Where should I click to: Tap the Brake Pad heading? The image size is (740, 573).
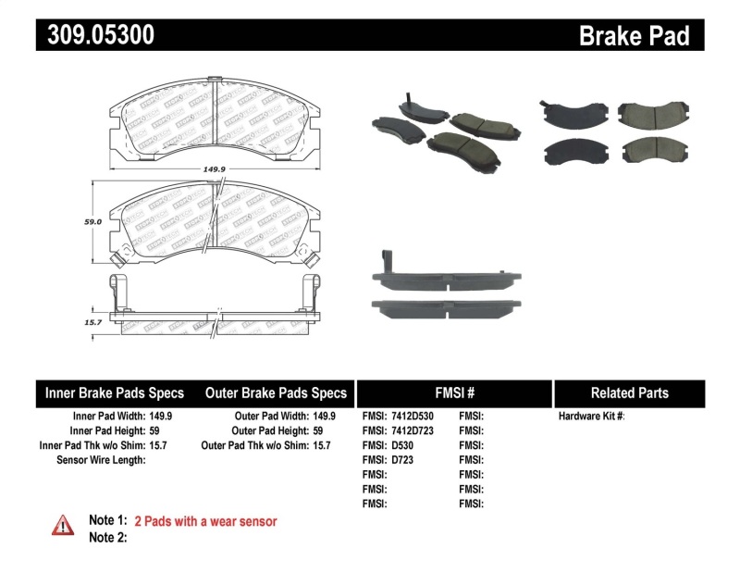click(634, 36)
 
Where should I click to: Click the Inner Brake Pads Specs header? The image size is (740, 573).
click(115, 392)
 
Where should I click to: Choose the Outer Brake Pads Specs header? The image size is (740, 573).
click(276, 392)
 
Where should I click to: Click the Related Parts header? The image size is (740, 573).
click(629, 392)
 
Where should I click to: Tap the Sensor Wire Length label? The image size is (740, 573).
click(101, 460)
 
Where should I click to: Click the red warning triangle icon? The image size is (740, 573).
click(62, 525)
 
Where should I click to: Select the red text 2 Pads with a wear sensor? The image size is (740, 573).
click(205, 521)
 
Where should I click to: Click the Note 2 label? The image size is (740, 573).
click(107, 537)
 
